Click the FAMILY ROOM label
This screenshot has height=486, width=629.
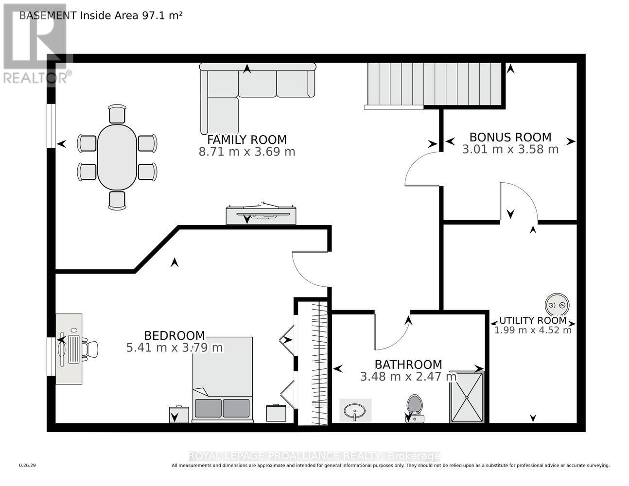247,140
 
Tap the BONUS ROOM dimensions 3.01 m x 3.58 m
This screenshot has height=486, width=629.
510,149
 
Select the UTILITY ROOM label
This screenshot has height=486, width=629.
533,321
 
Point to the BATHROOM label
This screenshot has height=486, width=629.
408,364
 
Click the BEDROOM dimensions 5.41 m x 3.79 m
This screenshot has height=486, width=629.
174,347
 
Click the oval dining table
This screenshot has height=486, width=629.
117,157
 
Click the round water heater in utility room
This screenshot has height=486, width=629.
557,305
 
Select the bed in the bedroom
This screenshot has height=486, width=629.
222,379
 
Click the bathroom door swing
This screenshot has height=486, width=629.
391,333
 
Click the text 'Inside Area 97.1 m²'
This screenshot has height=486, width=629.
131,15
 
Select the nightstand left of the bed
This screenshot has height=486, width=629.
179,415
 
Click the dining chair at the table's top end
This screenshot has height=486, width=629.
117,114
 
